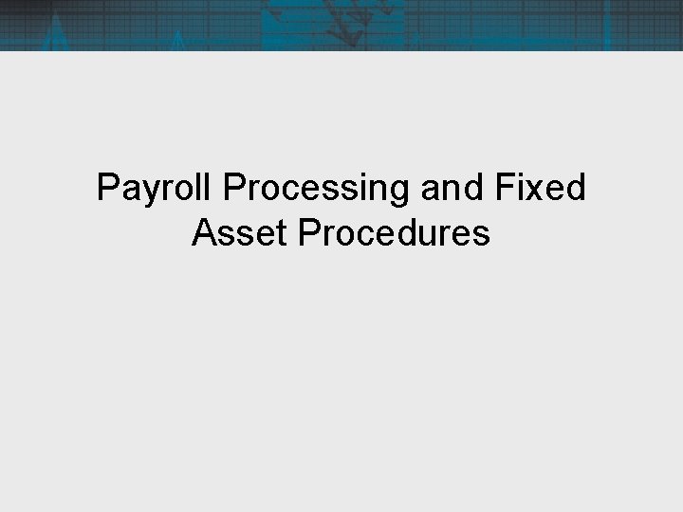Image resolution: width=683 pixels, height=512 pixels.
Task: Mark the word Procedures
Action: (394, 232)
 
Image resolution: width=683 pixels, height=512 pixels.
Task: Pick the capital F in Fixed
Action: (502, 189)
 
